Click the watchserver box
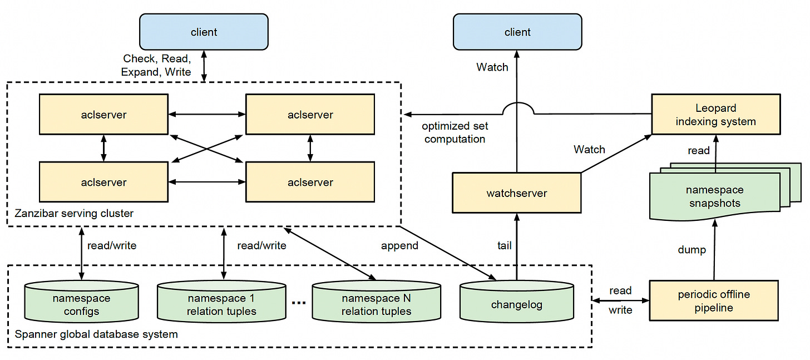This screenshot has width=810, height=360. coord(517,193)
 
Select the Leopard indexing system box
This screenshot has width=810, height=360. coord(716,114)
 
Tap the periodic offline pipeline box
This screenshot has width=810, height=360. coord(714,300)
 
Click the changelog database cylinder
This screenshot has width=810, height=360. coord(517,302)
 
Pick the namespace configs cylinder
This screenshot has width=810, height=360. coord(81,302)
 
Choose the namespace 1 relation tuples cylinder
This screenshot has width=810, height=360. coord(221,302)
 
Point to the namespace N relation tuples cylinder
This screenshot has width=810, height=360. coord(377,302)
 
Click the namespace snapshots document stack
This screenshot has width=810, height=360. coord(720,192)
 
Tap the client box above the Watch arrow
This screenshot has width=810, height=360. coord(517,32)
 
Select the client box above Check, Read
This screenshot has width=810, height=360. coord(204,32)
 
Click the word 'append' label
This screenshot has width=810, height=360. coord(399,246)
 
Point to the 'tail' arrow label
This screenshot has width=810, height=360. coord(505,246)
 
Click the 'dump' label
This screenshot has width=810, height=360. coord(692,250)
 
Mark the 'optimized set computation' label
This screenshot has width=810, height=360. coord(455,132)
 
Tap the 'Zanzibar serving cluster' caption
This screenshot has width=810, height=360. coord(74,213)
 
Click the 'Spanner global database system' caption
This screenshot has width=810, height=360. coord(96,334)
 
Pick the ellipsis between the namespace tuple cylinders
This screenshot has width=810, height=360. coord(299,303)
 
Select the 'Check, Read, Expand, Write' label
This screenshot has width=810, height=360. coord(156,65)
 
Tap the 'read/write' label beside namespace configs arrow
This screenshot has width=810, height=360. coord(112,246)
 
